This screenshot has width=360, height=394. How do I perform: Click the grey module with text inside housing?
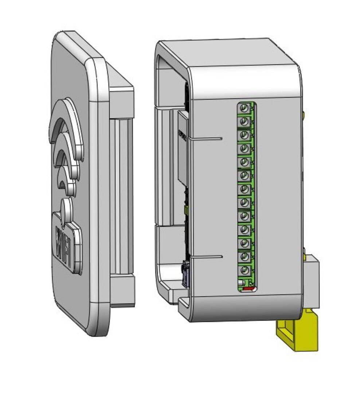tap(183, 148)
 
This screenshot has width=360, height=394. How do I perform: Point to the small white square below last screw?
tap(240, 283)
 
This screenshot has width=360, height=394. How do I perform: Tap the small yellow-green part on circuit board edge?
tap(187, 209)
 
